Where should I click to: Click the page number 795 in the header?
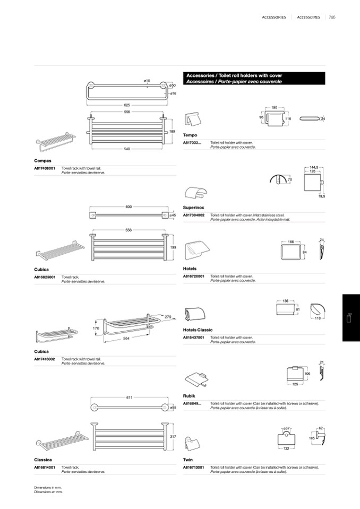click(x=332, y=18)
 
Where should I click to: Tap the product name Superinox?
click(x=194, y=208)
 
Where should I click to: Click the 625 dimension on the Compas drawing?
click(x=127, y=105)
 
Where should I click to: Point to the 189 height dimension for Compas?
click(x=172, y=131)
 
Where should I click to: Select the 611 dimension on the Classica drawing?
click(x=129, y=398)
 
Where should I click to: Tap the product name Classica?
click(x=43, y=460)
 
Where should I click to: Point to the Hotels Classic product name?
click(x=198, y=330)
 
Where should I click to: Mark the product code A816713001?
click(x=194, y=468)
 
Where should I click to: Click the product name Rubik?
click(x=189, y=396)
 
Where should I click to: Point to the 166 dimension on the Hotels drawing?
click(x=290, y=242)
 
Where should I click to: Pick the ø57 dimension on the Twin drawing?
click(x=286, y=428)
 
